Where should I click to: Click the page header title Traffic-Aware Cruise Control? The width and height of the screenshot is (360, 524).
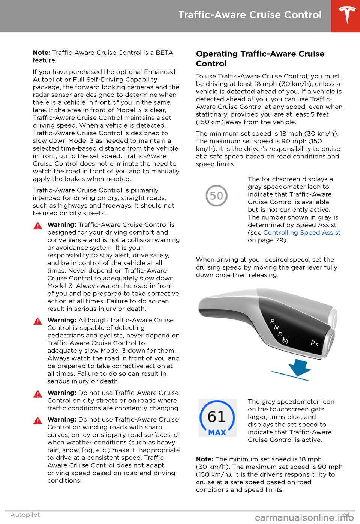250,15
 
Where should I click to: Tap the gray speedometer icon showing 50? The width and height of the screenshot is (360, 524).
216,196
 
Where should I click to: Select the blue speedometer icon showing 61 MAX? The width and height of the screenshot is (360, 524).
217,418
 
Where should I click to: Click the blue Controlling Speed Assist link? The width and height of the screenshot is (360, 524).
302,233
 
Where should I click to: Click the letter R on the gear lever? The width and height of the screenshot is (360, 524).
273,321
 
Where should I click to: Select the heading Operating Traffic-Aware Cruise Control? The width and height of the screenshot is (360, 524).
260,59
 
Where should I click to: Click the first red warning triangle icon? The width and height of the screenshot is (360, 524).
37,226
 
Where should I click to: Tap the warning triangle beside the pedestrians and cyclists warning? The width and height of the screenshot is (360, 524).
37,321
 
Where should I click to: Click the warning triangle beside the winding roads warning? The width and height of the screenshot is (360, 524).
37,421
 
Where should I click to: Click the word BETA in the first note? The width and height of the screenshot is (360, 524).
164,53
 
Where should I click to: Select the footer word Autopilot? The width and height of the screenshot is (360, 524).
25,515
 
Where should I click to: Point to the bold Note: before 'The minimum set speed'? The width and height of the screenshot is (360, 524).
204,459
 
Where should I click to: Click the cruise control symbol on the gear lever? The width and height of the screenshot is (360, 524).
285,341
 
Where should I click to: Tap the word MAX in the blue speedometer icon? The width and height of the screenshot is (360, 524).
217,432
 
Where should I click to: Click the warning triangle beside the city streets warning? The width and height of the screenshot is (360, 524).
37,394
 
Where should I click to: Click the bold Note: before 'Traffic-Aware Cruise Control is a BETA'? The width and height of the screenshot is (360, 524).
41,53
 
